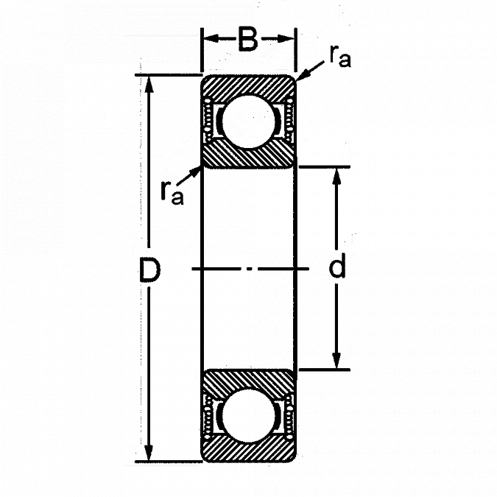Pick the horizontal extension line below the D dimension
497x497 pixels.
[162, 465]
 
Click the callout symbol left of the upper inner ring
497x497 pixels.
[173, 177]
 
